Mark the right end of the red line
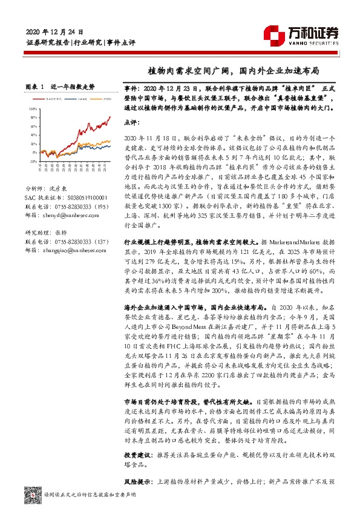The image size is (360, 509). click(110, 117)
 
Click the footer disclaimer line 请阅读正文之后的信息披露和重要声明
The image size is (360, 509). click(91, 494)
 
